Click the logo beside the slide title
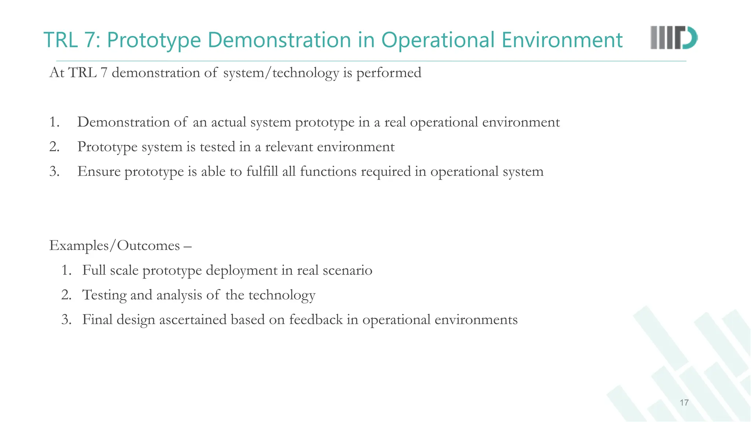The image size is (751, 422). click(x=674, y=38)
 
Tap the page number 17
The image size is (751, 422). click(x=684, y=403)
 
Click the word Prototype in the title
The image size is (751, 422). click(x=154, y=40)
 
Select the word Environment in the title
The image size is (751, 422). click(x=562, y=40)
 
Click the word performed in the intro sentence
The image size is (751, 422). click(x=389, y=73)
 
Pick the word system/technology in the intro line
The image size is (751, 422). click(x=281, y=73)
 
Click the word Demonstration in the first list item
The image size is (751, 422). click(x=124, y=122)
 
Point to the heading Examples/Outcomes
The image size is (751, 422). click(x=114, y=245)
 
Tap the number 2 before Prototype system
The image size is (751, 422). click(x=54, y=147)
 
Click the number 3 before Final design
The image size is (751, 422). click(x=66, y=319)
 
